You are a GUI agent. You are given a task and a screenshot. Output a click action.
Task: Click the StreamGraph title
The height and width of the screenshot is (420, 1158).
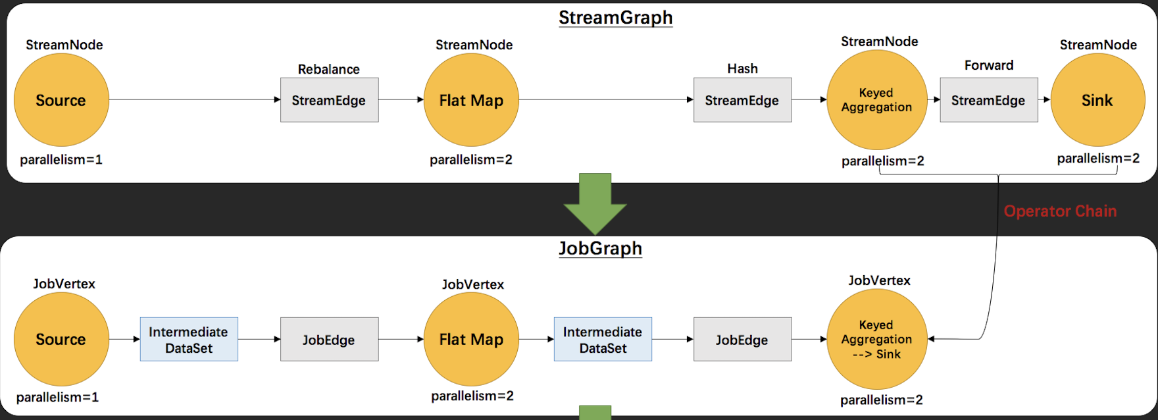tap(615, 18)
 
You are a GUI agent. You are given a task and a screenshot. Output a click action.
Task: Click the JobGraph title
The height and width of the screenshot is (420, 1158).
tap(600, 249)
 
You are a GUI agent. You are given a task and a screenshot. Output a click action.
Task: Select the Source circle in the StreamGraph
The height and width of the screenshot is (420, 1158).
tap(61, 100)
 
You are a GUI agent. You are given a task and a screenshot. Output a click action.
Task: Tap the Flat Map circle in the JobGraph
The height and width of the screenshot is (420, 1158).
tap(471, 339)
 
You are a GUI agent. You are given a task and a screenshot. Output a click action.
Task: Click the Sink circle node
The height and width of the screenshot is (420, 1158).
tap(1097, 100)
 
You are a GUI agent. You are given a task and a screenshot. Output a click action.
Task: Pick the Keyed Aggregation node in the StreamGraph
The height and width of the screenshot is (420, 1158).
tap(876, 100)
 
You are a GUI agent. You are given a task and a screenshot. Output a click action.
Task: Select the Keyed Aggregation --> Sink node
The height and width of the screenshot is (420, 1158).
tap(876, 339)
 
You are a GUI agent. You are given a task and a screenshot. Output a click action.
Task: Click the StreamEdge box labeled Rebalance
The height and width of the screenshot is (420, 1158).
tap(329, 100)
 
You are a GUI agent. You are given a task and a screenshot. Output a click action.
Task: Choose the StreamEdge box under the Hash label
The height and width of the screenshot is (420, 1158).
tap(742, 100)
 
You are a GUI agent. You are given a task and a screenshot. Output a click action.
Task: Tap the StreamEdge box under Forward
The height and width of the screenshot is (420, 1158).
tap(988, 100)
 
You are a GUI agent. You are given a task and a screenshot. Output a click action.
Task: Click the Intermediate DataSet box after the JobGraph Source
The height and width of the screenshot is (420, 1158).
tap(189, 340)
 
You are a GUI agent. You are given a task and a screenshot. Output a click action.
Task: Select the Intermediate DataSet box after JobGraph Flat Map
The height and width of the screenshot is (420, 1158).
tap(603, 340)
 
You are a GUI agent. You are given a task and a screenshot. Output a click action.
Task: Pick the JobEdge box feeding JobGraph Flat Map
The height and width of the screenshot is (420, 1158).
tap(329, 340)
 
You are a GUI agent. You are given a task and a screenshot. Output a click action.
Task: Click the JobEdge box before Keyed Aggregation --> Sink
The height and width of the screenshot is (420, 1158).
tap(742, 340)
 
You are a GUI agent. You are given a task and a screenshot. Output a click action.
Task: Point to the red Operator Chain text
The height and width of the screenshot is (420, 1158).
tap(1060, 211)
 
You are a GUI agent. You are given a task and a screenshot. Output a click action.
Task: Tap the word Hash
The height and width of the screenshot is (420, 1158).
tap(742, 68)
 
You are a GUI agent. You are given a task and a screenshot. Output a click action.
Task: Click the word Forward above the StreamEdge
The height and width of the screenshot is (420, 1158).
tap(988, 65)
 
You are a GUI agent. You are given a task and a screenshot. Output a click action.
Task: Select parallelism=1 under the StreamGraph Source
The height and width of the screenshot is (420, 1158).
tap(61, 160)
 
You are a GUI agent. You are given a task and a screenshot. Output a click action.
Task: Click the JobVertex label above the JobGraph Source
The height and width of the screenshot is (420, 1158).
tap(64, 284)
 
